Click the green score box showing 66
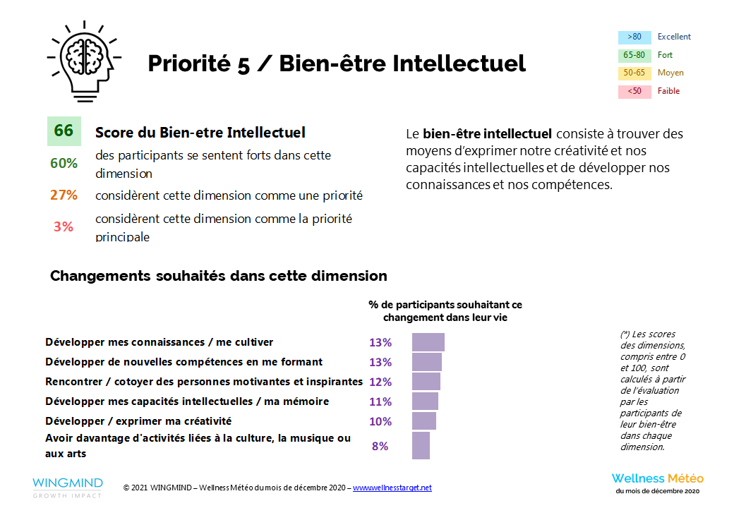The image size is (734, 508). pyautogui.click(x=64, y=131)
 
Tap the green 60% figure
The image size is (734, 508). pyautogui.click(x=64, y=163)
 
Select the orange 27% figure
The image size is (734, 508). pyautogui.click(x=64, y=195)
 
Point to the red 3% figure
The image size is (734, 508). pyautogui.click(x=64, y=226)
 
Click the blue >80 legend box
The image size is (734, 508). pyautogui.click(x=634, y=37)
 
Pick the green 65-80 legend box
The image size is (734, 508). pyautogui.click(x=634, y=55)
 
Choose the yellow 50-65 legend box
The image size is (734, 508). pyautogui.click(x=634, y=73)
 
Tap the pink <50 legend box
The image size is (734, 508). pyautogui.click(x=634, y=91)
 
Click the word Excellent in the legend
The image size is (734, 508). pyautogui.click(x=674, y=37)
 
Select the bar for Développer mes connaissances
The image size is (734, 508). pyautogui.click(x=428, y=342)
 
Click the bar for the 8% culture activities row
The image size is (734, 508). pyautogui.click(x=421, y=446)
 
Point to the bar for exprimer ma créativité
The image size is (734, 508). pyautogui.click(x=424, y=421)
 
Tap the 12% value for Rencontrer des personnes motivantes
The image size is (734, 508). pyautogui.click(x=380, y=382)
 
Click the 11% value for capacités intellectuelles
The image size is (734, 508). pyautogui.click(x=380, y=401)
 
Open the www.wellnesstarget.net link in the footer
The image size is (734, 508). pyautogui.click(x=392, y=488)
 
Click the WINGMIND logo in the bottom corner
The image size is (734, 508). pyautogui.click(x=67, y=487)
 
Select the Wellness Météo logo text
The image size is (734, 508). pyautogui.click(x=657, y=478)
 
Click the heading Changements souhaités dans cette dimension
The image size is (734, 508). pyautogui.click(x=218, y=276)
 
